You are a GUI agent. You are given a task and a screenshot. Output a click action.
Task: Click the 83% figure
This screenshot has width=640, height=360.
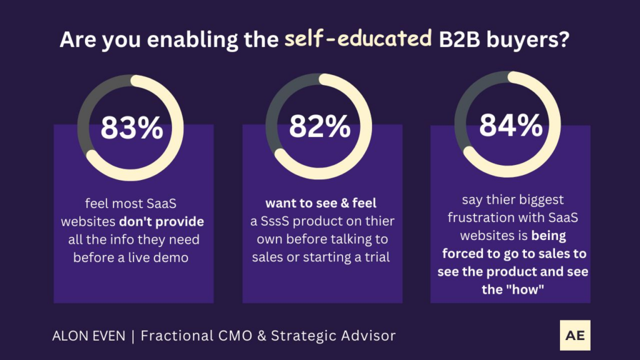click(132, 128)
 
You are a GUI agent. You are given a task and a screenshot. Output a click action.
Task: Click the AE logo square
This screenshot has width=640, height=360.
click(575, 335)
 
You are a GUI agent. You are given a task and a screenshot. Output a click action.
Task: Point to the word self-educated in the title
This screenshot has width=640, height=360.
click(358, 39)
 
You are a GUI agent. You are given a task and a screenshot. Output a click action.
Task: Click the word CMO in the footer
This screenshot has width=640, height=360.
click(229, 336)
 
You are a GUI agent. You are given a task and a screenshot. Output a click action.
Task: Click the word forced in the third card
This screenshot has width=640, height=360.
click(462, 254)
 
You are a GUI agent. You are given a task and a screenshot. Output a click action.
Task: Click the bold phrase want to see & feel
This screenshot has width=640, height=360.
click(316, 204)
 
